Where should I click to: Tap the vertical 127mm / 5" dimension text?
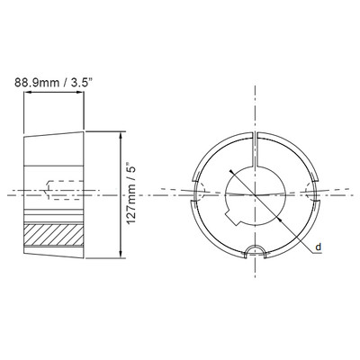pos(131,193)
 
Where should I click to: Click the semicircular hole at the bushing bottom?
pos(256,249)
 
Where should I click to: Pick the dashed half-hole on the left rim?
pos(202,193)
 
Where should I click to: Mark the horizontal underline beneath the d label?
pos(318,253)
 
